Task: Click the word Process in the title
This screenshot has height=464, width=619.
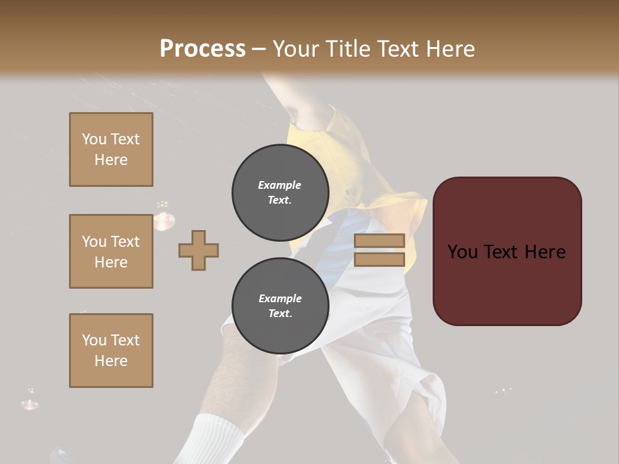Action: (x=202, y=49)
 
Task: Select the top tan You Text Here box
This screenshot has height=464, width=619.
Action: (x=111, y=150)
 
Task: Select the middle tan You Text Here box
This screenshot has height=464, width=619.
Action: (x=111, y=251)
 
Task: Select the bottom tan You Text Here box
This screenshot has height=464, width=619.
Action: (x=111, y=351)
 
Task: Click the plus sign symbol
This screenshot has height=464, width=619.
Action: (x=199, y=250)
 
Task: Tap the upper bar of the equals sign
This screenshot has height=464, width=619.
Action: (x=379, y=240)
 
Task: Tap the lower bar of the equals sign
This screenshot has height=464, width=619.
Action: (x=379, y=260)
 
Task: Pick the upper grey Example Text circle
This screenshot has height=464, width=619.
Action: (x=280, y=193)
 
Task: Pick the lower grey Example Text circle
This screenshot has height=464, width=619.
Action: (x=280, y=306)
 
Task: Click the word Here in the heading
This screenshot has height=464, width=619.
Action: (x=451, y=49)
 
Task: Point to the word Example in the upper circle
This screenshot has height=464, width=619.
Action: (x=280, y=185)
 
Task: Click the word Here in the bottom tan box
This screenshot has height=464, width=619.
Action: (x=111, y=361)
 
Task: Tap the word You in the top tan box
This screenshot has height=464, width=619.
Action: (x=94, y=139)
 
